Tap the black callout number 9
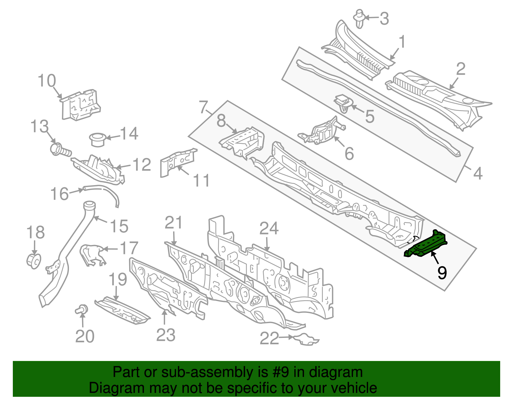pyautogui.click(x=442, y=273)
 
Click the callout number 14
pyautogui.click(x=129, y=134)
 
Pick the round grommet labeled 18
pyautogui.click(x=34, y=261)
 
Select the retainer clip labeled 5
pyautogui.click(x=343, y=103)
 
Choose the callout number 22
pyautogui.click(x=269, y=338)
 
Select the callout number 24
pyautogui.click(x=269, y=229)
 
